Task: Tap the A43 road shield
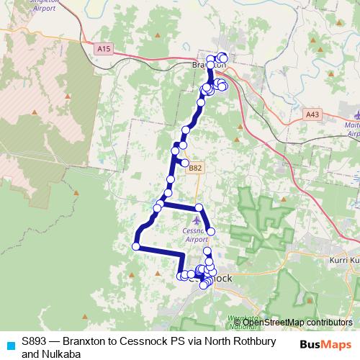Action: [x=312, y=114]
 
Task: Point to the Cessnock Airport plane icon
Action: [x=198, y=220]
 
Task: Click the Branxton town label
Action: [x=210, y=66]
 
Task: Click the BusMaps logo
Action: [x=325, y=343]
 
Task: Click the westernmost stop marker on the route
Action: [x=135, y=247]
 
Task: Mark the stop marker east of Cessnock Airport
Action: [x=211, y=230]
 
